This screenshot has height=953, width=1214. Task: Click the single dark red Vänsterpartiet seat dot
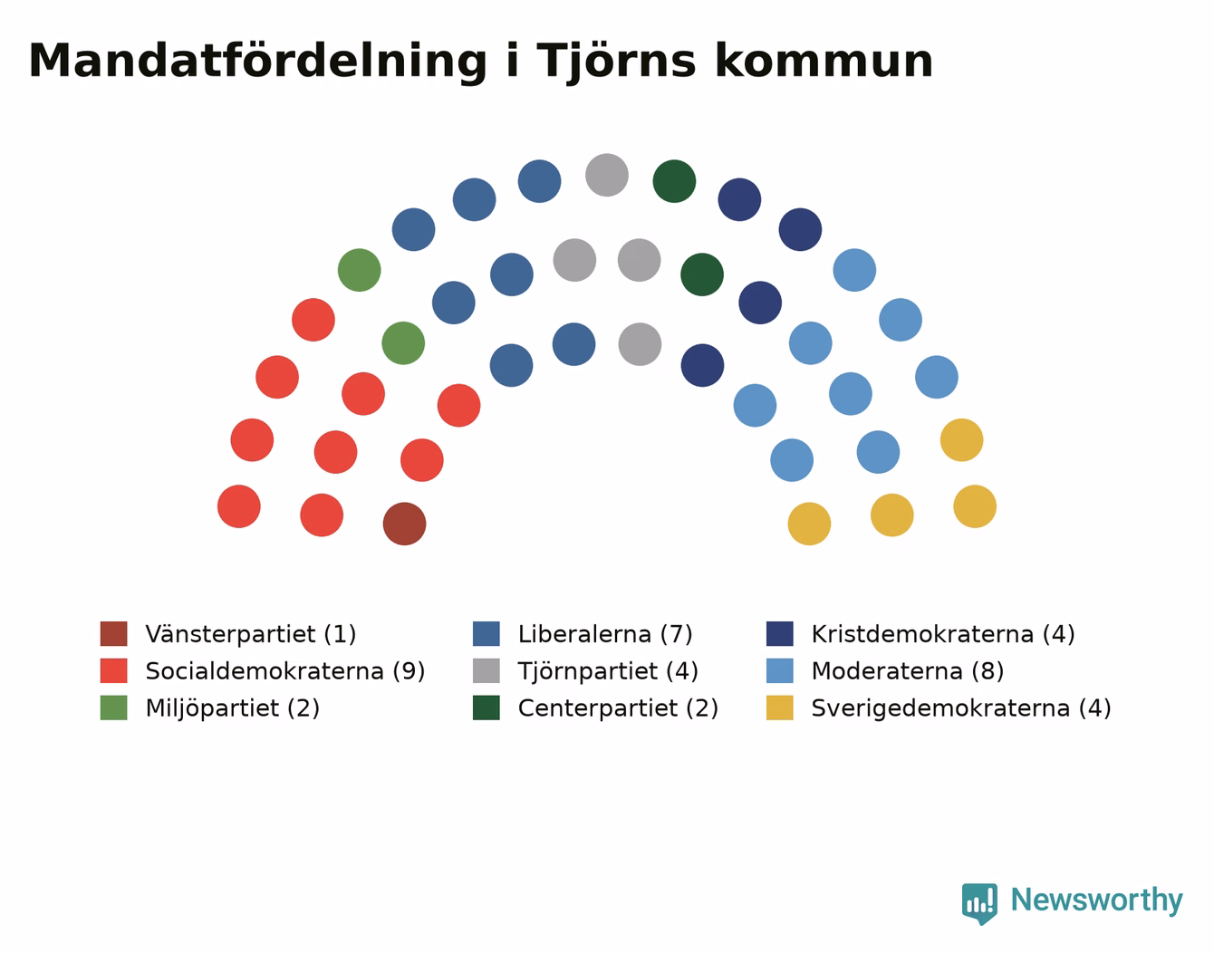click(404, 524)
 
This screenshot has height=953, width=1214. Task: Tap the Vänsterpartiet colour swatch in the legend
click(113, 633)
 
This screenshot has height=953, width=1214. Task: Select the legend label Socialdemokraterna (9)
click(284, 671)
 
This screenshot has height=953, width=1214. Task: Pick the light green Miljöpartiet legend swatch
click(113, 708)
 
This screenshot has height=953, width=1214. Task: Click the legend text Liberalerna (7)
click(605, 634)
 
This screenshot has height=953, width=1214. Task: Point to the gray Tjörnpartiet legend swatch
click(486, 670)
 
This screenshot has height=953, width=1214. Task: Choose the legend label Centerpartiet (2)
click(618, 708)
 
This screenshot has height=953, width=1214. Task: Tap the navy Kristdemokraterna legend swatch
click(779, 633)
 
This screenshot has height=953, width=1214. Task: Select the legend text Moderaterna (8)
click(907, 671)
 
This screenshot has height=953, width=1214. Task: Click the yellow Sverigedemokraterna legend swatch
click(779, 708)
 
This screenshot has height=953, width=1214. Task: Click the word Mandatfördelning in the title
click(257, 61)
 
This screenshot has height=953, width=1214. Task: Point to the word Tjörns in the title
click(616, 61)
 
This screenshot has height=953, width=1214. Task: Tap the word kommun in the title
click(824, 61)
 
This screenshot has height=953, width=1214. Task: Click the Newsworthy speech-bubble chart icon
click(979, 903)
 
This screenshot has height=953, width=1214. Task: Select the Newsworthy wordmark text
click(1097, 900)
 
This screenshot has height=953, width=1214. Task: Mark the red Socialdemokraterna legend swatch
click(113, 670)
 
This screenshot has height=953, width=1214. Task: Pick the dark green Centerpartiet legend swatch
click(486, 708)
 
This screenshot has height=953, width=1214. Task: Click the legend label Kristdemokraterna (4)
click(943, 634)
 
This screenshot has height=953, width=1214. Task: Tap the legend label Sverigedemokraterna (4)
click(961, 708)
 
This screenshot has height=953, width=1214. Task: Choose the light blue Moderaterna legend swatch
click(779, 670)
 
